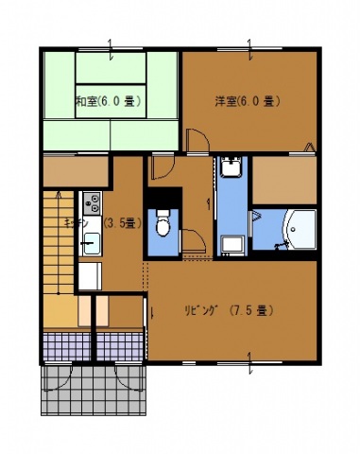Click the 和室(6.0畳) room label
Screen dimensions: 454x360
tap(109, 101)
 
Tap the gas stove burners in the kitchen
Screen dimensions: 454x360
tap(92, 201)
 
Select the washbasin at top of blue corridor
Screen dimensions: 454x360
tap(232, 169)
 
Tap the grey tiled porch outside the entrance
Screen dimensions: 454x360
tap(94, 388)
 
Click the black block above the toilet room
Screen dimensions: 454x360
tap(163, 200)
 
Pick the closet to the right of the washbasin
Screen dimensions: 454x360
tap(284, 177)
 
